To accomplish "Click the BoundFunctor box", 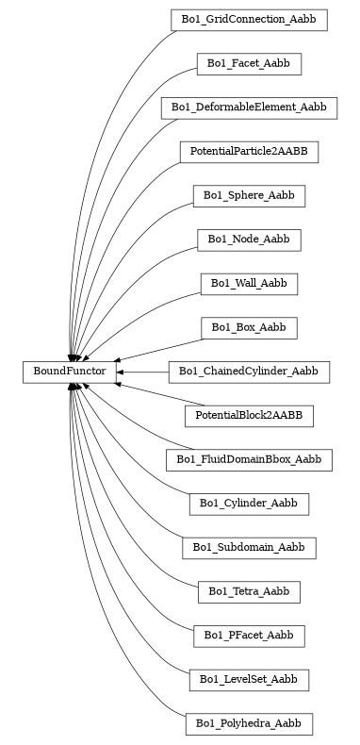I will tap(70, 372).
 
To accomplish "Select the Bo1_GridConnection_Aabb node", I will tap(249, 19).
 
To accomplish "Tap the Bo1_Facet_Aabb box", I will tap(249, 63).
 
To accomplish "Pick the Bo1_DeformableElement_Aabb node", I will tap(249, 108).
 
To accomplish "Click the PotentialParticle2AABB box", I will tap(249, 151).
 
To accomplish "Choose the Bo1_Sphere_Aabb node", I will tap(249, 196).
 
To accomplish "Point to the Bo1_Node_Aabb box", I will tap(249, 240).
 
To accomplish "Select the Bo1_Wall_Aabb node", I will tap(249, 284).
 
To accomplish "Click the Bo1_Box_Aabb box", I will tap(249, 328).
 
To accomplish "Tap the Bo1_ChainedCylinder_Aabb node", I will tap(249, 372).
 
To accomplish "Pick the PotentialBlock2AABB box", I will tap(249, 416).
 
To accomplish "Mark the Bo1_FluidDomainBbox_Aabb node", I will tap(249, 460).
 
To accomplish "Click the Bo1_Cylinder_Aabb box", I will tap(249, 505).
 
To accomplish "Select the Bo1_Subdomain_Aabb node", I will tap(249, 548).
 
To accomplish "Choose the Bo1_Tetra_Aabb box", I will tap(249, 592).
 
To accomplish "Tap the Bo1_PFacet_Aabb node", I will tap(249, 637).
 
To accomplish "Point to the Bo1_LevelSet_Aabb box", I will tap(249, 680).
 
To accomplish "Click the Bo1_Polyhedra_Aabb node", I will tap(249, 724).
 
